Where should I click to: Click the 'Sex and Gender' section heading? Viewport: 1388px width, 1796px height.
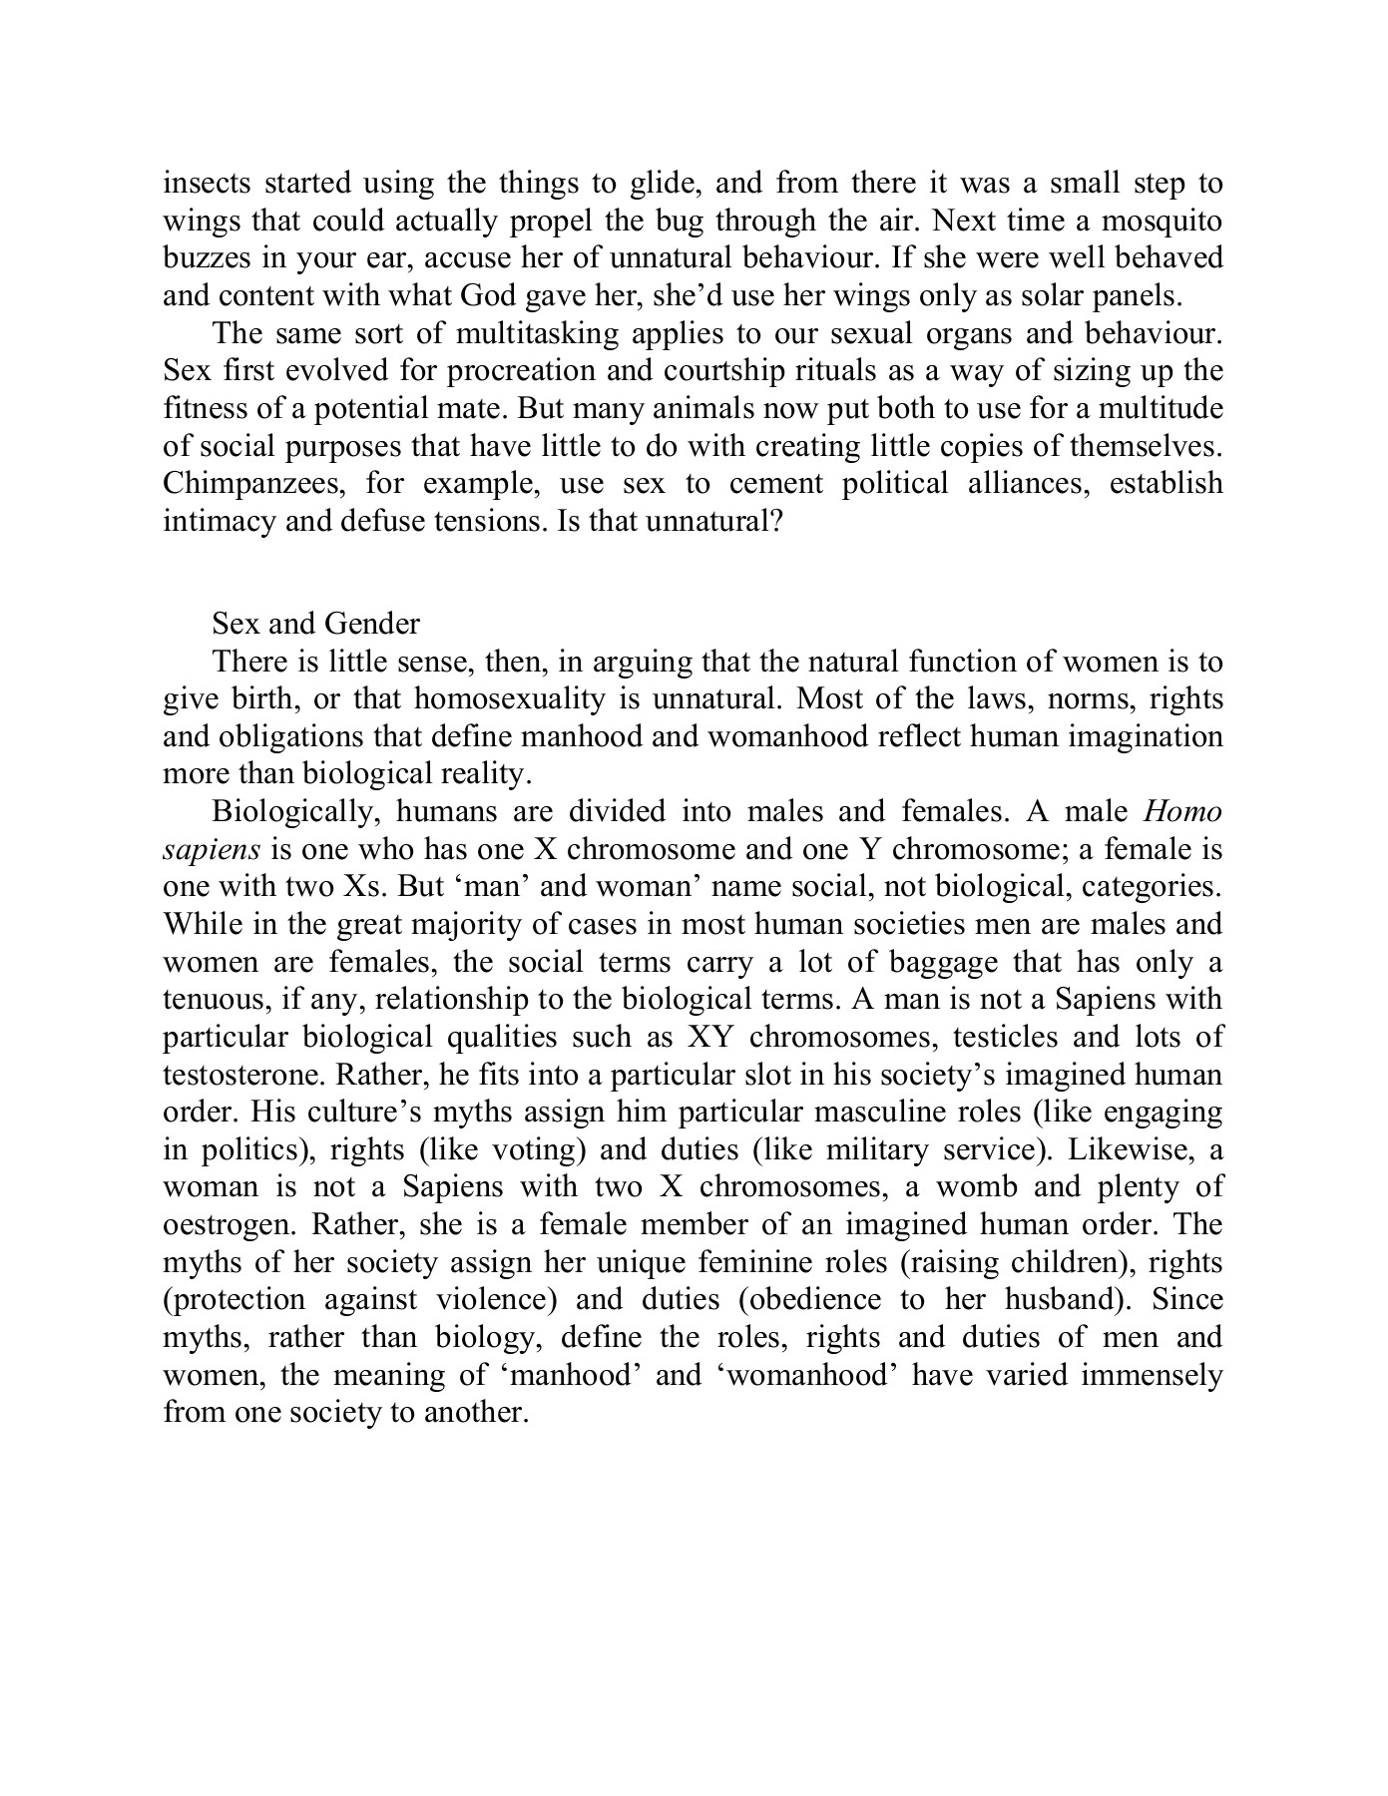(x=315, y=625)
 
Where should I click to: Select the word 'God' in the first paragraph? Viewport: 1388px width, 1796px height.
(x=491, y=296)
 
